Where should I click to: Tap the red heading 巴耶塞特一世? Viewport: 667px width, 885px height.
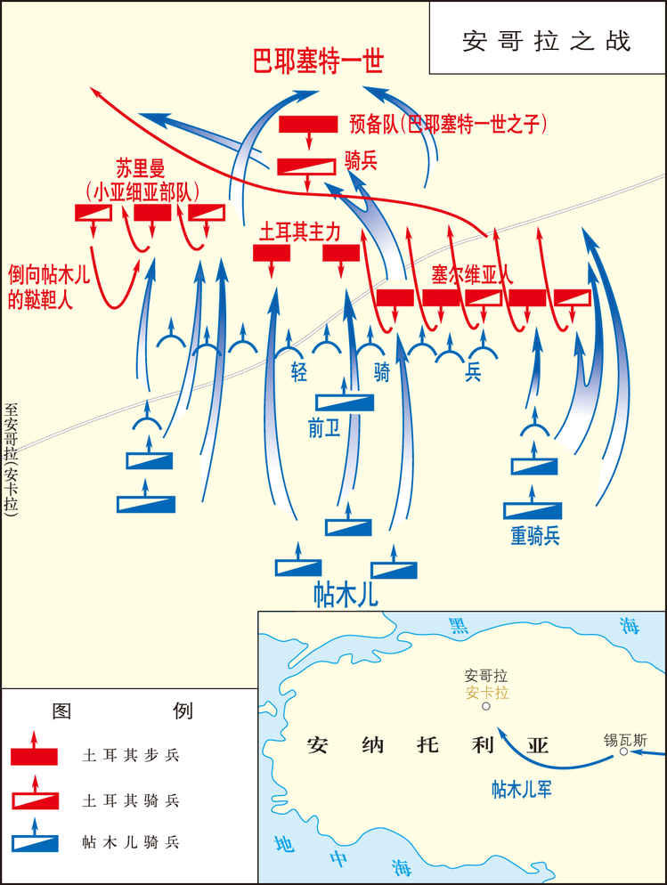(318, 63)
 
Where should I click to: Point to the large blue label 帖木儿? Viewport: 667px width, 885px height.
(346, 594)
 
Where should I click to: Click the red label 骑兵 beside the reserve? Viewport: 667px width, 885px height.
(362, 161)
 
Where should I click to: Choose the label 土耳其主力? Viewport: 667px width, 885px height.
(299, 231)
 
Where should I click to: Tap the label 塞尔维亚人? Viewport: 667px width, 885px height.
(471, 274)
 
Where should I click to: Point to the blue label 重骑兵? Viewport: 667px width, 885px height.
(535, 536)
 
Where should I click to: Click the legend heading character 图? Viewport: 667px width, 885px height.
(61, 710)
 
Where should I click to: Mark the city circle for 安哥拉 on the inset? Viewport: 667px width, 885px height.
(485, 707)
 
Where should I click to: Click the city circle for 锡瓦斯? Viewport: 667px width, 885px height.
(624, 751)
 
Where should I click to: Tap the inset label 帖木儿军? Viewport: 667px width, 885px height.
(524, 789)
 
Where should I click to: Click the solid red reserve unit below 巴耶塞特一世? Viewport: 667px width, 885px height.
(308, 124)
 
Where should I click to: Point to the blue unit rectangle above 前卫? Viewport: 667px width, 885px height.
(345, 402)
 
